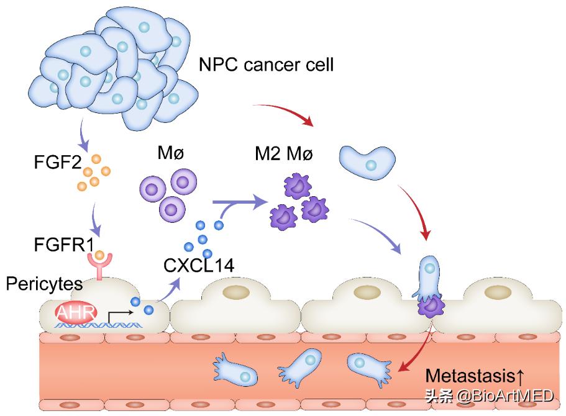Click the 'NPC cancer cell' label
coord(266,64)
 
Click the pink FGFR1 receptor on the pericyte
coord(99,268)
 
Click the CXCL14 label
coord(199,267)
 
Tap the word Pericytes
coord(45,284)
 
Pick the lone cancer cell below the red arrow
coord(369,163)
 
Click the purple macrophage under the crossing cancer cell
coord(430,305)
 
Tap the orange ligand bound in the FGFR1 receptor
coord(99,255)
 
